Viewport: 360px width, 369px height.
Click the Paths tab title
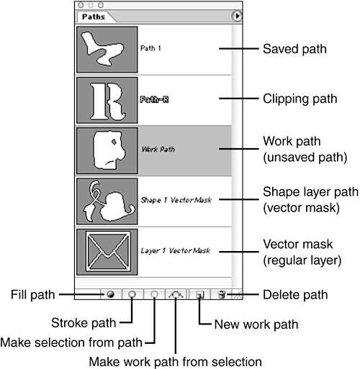pyautogui.click(x=94, y=17)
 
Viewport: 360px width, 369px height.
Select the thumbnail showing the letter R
pyautogui.click(x=107, y=100)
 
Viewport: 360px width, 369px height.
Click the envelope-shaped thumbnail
pyautogui.click(x=107, y=252)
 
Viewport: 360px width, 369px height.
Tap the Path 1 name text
pyautogui.click(x=150, y=48)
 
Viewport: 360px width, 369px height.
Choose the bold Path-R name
pyautogui.click(x=154, y=99)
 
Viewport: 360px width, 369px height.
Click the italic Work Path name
pyautogui.click(x=158, y=150)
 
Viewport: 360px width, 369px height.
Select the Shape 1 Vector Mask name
pyautogui.click(x=176, y=200)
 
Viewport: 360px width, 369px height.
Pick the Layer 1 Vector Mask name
pyautogui.click(x=176, y=250)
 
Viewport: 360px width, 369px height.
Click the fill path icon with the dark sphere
pyautogui.click(x=111, y=294)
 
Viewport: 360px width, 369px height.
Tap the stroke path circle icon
pyautogui.click(x=132, y=294)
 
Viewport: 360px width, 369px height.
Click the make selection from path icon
pyautogui.click(x=155, y=294)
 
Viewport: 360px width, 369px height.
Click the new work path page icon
pyautogui.click(x=199, y=294)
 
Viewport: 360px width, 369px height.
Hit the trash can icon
pyautogui.click(x=222, y=294)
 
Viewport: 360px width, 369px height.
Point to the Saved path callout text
pyautogui.click(x=294, y=49)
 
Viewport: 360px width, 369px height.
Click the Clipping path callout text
pyautogui.click(x=300, y=99)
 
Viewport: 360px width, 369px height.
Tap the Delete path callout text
pyautogui.click(x=295, y=295)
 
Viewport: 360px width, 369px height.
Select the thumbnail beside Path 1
pyautogui.click(x=107, y=50)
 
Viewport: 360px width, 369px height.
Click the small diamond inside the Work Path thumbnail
pyautogui.click(x=114, y=142)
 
